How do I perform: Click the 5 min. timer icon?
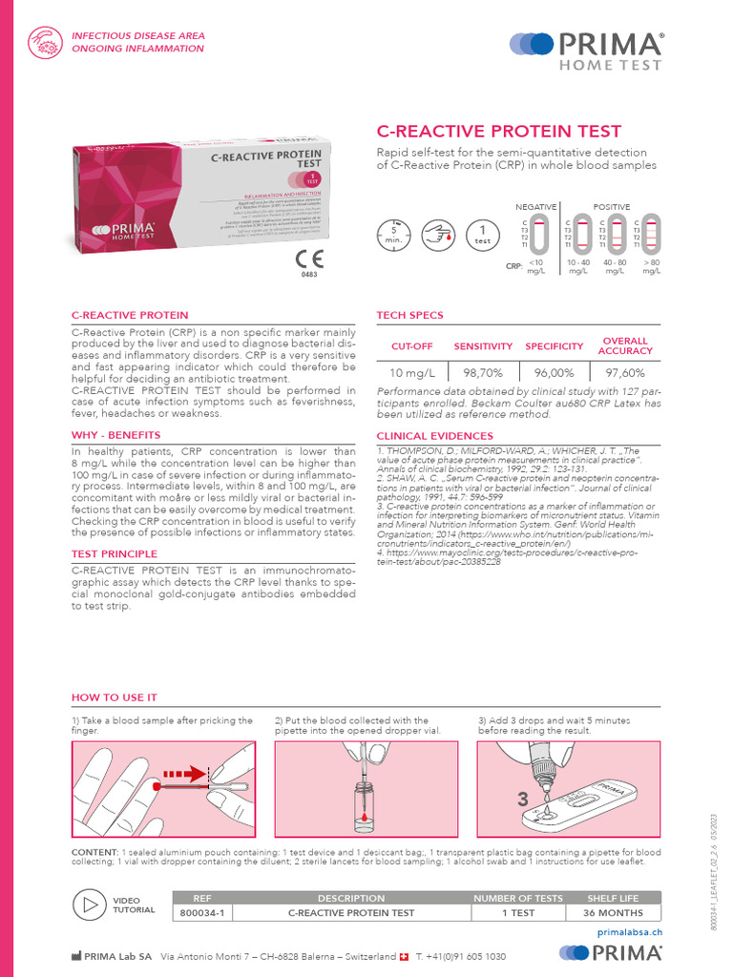tap(392, 233)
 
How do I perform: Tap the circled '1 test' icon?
tap(483, 234)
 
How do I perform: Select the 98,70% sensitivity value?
tap(483, 373)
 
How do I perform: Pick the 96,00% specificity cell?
tap(554, 373)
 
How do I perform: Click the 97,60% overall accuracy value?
tap(625, 373)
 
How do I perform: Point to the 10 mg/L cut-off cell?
tap(411, 373)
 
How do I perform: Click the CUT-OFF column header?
tap(411, 346)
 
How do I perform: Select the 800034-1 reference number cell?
tap(201, 913)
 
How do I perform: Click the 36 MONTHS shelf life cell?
tap(612, 913)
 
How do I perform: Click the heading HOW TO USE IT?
tap(115, 697)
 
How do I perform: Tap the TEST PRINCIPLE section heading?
tap(114, 553)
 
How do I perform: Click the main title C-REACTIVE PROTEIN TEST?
tap(499, 132)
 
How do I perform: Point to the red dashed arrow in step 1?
tap(183, 774)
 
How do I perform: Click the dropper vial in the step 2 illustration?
tap(363, 803)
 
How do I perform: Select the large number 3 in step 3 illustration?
tap(524, 798)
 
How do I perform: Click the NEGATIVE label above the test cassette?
tap(536, 207)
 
